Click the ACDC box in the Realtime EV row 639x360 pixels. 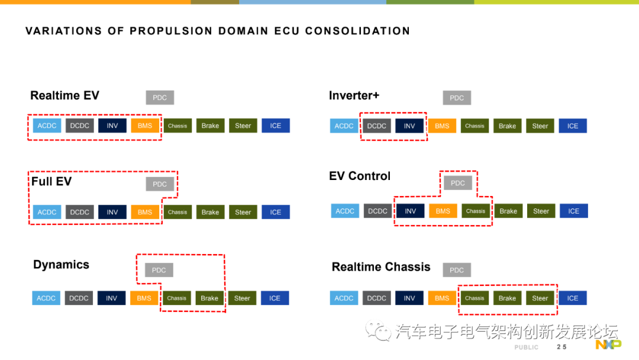pos(47,126)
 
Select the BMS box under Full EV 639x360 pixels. pos(145,212)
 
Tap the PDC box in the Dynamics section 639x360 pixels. pos(159,270)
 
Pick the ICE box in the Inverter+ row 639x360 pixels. pos(573,126)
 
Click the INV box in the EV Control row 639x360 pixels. pos(410,211)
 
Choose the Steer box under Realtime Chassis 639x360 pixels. pos(540,298)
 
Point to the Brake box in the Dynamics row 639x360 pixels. pos(209,298)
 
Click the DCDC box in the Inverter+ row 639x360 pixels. pos(377,126)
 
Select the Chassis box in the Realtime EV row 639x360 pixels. pos(177,126)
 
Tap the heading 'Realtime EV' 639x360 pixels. pos(64,95)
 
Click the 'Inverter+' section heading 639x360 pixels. pos(354,95)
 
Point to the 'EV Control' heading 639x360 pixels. pos(360,176)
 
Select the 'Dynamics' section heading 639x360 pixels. pos(61,265)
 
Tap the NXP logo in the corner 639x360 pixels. pos(608,345)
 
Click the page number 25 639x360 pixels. pos(561,347)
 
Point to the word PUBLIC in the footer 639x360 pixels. pos(526,347)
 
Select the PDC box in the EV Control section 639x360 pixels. pos(458,183)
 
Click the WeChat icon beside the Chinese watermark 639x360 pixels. pos(378,330)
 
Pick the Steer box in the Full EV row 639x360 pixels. pos(243,212)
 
